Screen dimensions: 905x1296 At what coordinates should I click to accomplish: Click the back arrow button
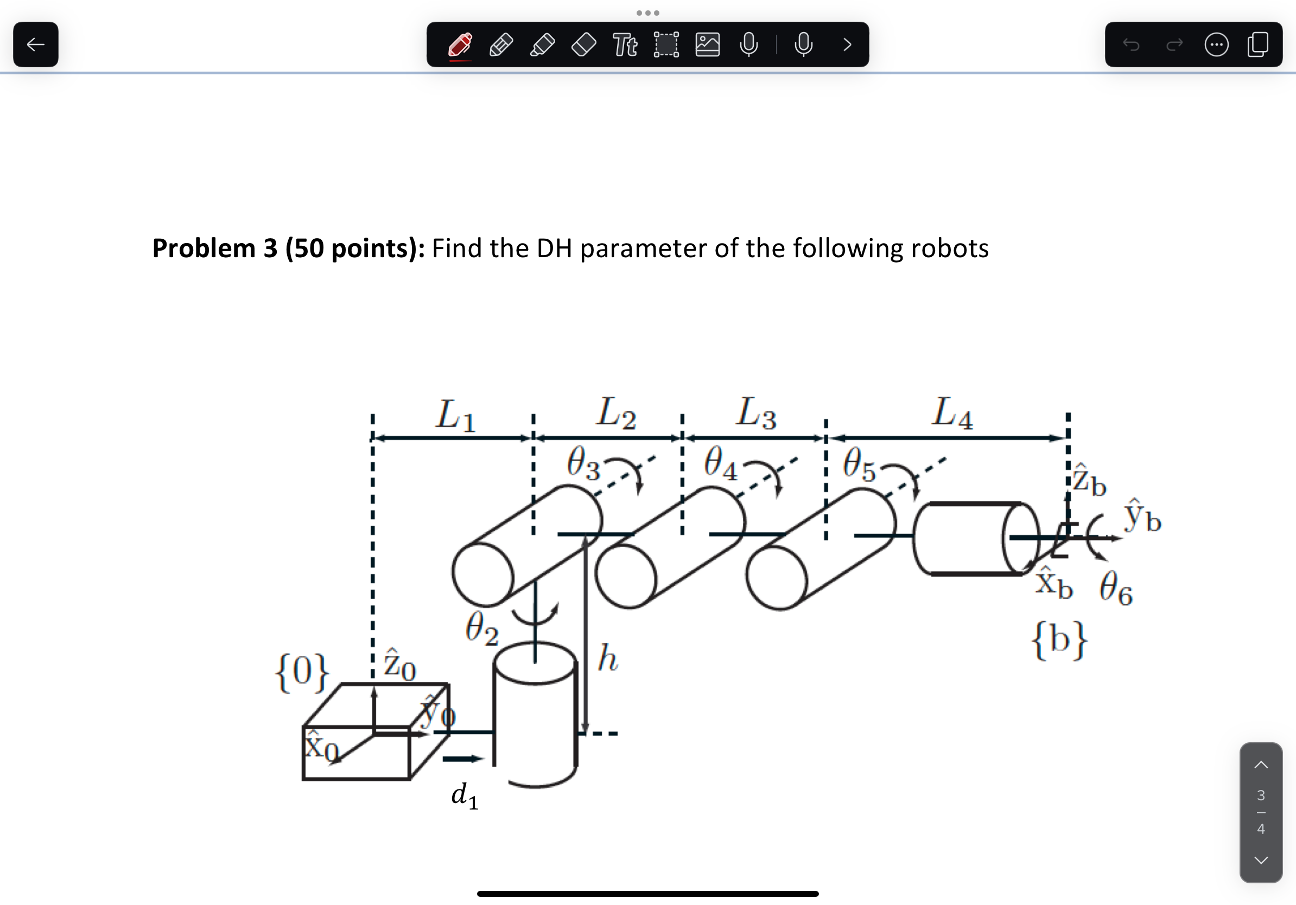(36, 44)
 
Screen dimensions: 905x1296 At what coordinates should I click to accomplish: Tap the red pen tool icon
(461, 44)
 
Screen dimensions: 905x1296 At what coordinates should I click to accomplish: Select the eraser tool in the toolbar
(583, 44)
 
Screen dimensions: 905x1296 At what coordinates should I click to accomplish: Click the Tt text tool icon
(625, 44)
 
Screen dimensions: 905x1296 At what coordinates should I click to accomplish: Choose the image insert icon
(707, 44)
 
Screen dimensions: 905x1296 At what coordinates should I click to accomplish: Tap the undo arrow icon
(1131, 44)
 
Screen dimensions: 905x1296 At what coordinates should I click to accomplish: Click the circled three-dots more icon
(1216, 44)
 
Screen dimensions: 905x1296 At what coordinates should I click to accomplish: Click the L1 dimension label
(455, 415)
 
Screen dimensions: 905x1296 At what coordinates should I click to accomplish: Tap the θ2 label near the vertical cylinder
(481, 629)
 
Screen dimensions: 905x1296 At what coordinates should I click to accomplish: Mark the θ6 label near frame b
(1116, 589)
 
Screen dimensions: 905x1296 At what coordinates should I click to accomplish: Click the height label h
(607, 658)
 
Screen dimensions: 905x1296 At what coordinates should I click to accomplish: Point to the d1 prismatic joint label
(465, 795)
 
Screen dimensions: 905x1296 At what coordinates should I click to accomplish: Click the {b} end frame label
(1059, 640)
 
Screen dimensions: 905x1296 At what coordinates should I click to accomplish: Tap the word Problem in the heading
(204, 248)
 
